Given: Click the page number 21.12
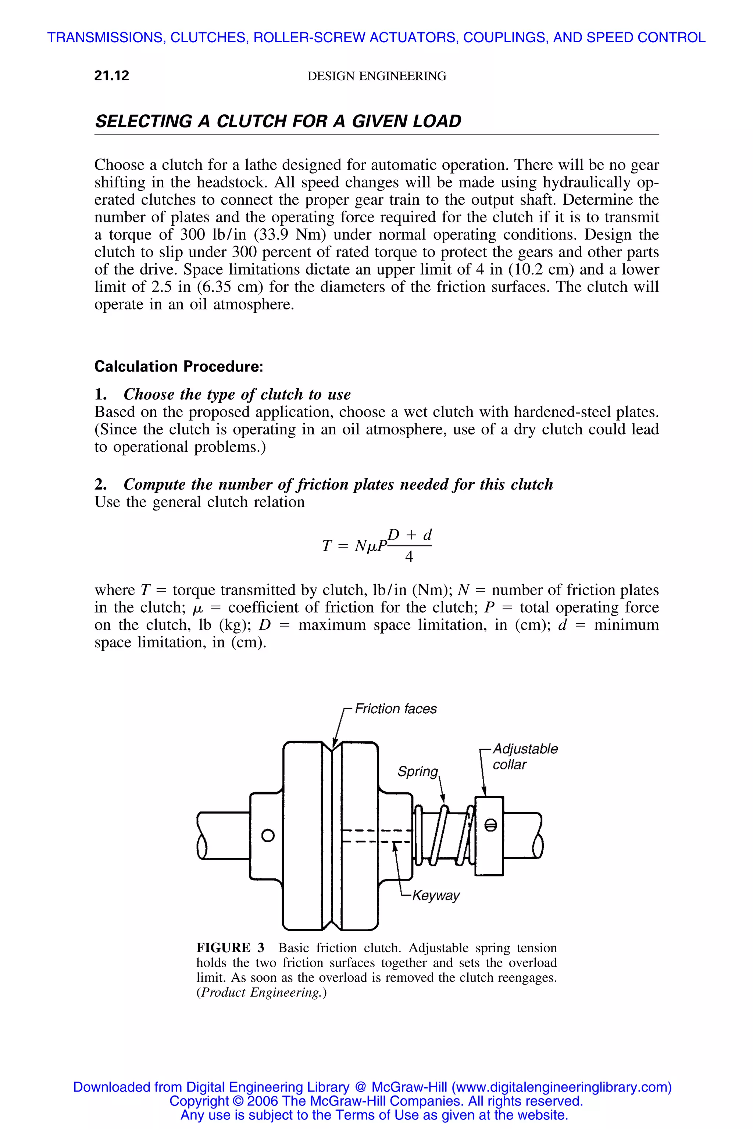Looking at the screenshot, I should coord(112,76).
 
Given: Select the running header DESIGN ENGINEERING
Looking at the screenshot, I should coord(376,76).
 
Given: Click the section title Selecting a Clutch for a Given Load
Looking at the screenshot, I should coord(278,121).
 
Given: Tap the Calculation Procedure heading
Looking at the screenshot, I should coord(179,367).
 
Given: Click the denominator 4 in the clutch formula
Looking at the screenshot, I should coord(409,557).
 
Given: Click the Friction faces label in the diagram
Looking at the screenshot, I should coord(396,709).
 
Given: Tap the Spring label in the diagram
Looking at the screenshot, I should coord(417,771).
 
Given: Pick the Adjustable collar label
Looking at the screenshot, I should coord(525,756).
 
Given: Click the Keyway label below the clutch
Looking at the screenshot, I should coord(436,896).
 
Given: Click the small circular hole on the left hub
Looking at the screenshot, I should coord(268,836).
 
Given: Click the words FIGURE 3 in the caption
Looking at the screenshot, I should coord(230,948).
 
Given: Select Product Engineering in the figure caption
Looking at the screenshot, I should coord(261,993).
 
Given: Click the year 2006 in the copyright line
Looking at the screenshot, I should coord(264,1101).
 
